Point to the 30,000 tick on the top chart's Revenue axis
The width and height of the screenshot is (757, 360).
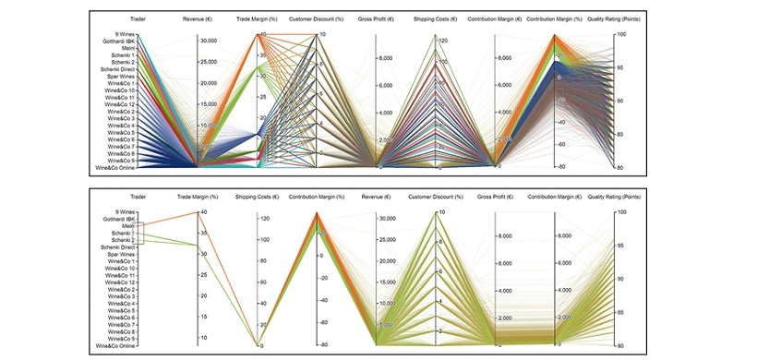[209, 41]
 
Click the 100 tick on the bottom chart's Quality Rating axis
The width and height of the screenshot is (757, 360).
[622, 212]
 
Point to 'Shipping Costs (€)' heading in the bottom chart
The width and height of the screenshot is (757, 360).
[257, 197]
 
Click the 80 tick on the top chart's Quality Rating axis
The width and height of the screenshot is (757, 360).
[622, 167]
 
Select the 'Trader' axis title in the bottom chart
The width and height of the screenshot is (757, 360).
[138, 197]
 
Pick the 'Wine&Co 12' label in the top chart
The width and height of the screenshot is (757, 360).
[120, 104]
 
